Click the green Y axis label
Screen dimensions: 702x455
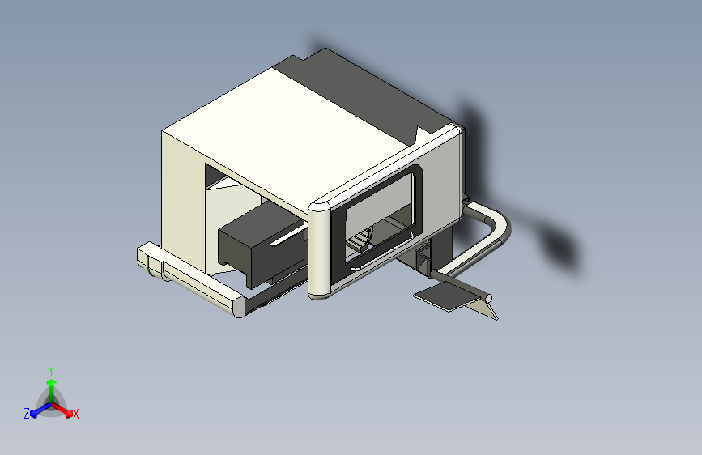51,370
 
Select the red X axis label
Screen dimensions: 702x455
75,414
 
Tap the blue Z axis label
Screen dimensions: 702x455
27,414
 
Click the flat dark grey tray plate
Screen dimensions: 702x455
447,296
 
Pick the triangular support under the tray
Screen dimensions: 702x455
486,310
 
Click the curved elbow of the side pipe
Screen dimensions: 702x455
500,224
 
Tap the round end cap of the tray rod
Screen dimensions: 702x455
488,298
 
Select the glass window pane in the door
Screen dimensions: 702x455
379,215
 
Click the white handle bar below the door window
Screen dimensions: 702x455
381,253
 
